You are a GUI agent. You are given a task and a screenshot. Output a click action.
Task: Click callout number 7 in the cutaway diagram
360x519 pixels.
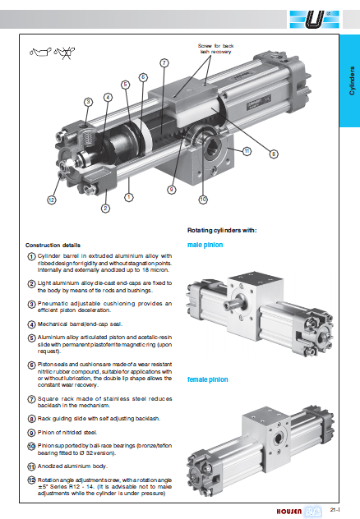(x=164, y=63)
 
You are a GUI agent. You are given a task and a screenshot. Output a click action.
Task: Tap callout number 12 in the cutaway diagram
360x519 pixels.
(x=51, y=200)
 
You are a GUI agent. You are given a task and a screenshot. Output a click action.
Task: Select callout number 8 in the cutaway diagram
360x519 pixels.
(x=274, y=154)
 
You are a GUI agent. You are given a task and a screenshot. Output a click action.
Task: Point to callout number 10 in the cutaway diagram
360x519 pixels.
(x=203, y=200)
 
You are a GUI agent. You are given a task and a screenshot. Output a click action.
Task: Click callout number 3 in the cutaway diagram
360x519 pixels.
(x=88, y=102)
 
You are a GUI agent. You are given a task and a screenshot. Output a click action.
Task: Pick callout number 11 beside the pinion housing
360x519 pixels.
(x=247, y=152)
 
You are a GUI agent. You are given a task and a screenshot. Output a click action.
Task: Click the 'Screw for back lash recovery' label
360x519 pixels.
(x=215, y=48)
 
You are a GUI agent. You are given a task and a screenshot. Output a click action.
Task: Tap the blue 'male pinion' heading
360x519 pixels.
(x=205, y=245)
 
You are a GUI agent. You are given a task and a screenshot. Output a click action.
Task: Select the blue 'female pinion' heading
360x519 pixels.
(x=208, y=379)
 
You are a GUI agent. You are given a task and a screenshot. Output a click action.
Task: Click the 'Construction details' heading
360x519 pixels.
(x=53, y=246)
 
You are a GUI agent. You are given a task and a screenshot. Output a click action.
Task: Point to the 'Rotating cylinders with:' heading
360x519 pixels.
(x=222, y=231)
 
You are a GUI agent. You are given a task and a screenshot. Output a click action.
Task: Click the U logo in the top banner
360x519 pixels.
(x=314, y=19)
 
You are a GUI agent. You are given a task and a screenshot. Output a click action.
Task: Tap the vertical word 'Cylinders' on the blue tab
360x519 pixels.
(x=352, y=80)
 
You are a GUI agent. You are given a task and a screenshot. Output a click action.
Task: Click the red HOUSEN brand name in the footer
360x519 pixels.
(x=289, y=512)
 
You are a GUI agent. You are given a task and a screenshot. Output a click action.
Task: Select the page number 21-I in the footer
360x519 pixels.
(x=335, y=510)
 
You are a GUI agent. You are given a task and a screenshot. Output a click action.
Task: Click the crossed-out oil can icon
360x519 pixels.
(x=65, y=53)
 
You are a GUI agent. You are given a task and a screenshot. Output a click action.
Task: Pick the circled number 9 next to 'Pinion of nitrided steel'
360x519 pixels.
(x=31, y=433)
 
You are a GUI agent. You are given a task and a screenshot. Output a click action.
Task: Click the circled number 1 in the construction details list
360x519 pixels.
(x=31, y=256)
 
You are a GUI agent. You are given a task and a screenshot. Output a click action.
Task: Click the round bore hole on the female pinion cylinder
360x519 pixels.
(x=278, y=439)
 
